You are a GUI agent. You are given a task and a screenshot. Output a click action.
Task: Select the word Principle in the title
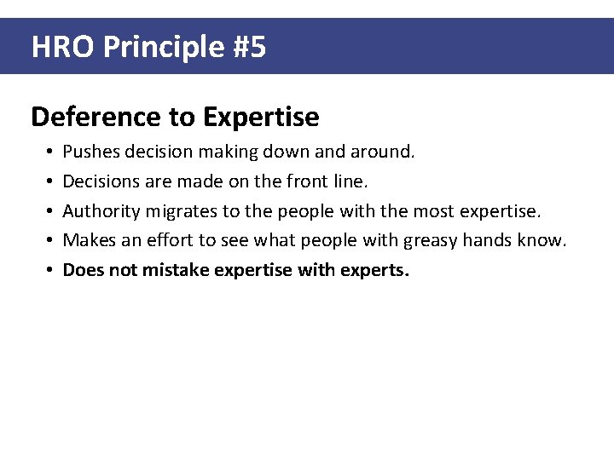pos(163,47)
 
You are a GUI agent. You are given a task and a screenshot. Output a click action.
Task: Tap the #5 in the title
pos(249,47)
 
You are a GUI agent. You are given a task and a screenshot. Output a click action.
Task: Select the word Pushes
pos(91,152)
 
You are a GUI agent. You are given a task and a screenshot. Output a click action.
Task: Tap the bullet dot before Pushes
pos(51,152)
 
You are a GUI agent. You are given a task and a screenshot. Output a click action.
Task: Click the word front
pos(312,181)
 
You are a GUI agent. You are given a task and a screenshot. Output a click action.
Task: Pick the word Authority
pos(101,211)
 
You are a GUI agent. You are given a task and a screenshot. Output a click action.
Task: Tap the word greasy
pos(432,241)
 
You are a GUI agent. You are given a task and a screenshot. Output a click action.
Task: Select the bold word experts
pos(379,271)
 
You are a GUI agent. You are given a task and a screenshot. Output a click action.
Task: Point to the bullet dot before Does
pos(51,272)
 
